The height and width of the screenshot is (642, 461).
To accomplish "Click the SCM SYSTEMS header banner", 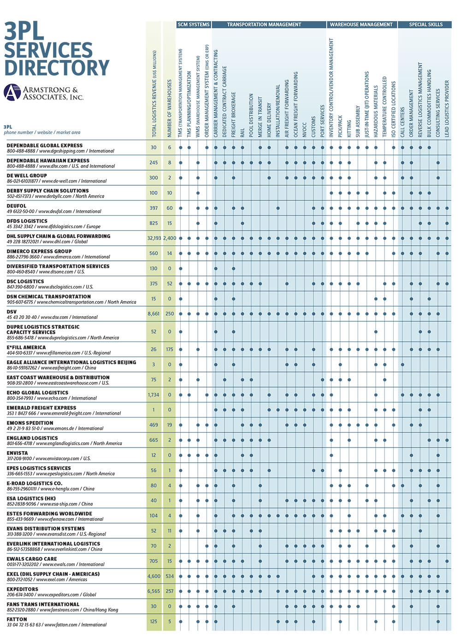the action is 194,24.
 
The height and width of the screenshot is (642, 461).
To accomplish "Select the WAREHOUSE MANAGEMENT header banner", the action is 361,24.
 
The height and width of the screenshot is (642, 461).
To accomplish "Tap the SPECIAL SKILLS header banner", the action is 426,24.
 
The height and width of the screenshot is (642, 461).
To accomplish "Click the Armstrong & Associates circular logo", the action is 12,92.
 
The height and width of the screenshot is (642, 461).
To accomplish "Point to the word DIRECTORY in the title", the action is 57,67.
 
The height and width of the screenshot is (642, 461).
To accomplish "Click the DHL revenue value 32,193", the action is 154,238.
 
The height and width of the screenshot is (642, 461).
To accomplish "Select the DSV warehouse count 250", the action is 170,314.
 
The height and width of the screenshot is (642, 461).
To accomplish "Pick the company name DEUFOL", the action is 16,206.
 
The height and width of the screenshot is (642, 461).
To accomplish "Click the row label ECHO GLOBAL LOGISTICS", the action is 37,393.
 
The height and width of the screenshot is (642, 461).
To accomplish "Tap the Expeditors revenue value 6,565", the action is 154,591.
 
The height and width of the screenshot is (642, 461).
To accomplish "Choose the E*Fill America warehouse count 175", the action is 170,349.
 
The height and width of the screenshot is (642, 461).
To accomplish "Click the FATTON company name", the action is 17,619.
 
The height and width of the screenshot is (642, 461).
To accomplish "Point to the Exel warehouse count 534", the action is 170,576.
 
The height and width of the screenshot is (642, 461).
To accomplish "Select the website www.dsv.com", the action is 54,317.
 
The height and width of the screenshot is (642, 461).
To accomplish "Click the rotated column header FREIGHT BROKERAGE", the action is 234,115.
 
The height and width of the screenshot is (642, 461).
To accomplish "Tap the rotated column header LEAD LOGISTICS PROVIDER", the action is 447,109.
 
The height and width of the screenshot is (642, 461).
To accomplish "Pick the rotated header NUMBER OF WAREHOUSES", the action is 170,108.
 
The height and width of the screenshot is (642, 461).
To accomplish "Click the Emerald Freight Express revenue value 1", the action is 154,410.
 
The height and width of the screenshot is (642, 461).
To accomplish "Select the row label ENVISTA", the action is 17,453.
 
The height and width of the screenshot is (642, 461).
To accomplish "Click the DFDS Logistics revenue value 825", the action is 154,223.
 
